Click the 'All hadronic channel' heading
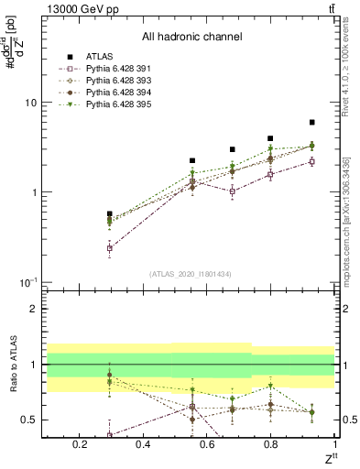click(191, 38)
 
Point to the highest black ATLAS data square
click(312, 122)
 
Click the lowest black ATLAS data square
click(110, 213)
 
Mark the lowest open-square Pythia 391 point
click(110, 248)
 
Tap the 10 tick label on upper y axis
click(29, 103)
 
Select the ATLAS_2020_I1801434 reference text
click(191, 274)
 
